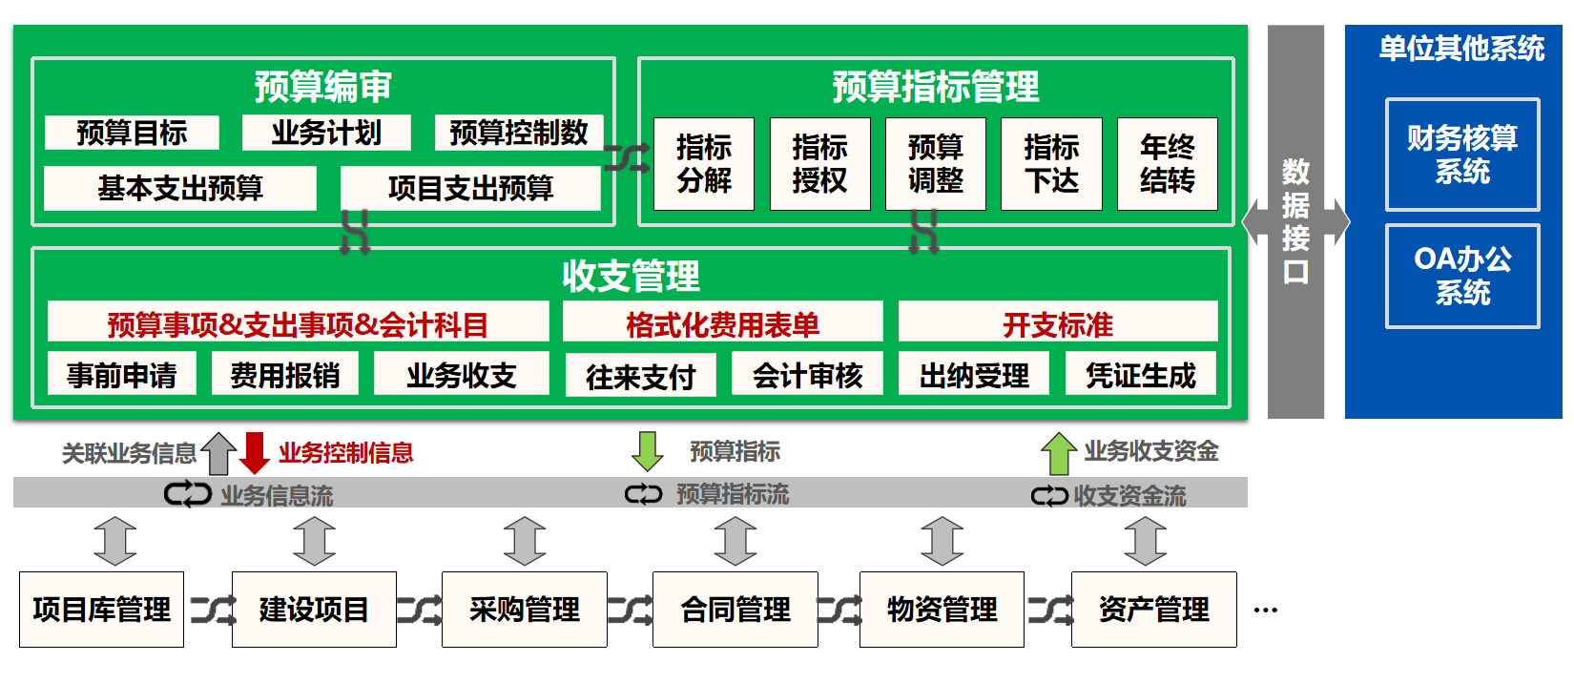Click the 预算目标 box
point(132,133)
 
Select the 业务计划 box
point(326,133)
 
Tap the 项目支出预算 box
point(470,188)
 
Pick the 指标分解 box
point(704,164)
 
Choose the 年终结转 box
point(1167,164)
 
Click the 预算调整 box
point(935,164)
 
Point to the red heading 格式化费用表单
point(722,324)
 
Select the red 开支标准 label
point(1057,324)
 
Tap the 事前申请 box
point(122,375)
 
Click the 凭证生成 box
point(1140,376)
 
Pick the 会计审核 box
point(807,376)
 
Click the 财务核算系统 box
point(1461,155)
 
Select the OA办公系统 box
point(1461,276)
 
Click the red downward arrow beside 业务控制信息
point(255,453)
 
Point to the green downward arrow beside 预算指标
point(648,451)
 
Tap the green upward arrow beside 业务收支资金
point(1058,453)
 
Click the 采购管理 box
point(524,610)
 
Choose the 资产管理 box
point(1153,610)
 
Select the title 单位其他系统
point(1461,49)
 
